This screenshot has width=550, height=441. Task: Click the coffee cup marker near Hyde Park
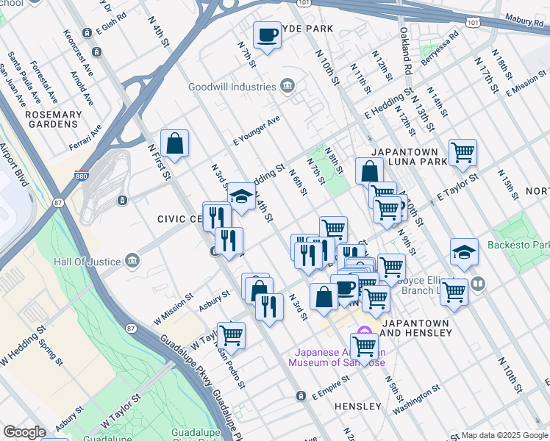(x=268, y=35)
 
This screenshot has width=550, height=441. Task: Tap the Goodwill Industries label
(x=230, y=86)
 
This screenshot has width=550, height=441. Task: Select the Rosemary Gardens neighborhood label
(x=54, y=120)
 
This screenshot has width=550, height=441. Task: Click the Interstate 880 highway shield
(x=82, y=176)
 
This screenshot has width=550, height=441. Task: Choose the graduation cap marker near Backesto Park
(x=464, y=252)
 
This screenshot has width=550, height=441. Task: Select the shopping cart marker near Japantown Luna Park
(x=463, y=153)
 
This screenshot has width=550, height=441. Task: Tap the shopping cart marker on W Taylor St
(x=231, y=335)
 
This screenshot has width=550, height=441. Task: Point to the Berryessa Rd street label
(x=440, y=45)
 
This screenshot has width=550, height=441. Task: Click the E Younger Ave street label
(x=257, y=129)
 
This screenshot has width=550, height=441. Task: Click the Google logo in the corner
(x=24, y=432)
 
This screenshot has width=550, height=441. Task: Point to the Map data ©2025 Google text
(x=504, y=435)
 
